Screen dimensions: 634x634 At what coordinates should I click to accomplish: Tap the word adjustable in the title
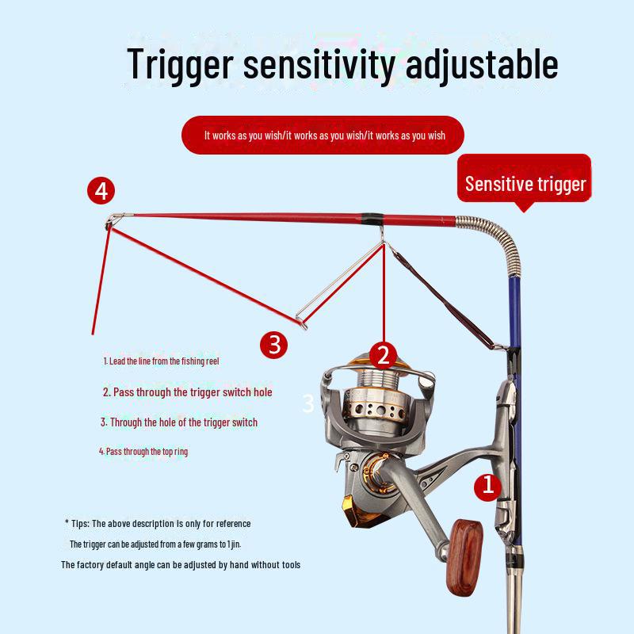click(x=481, y=65)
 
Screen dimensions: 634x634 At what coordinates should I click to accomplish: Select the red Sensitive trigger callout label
click(x=525, y=184)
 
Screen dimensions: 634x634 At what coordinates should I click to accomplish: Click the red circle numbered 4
click(x=101, y=191)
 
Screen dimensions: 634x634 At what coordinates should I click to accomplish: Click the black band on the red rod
click(x=369, y=217)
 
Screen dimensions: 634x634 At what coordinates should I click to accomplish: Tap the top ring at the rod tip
click(x=113, y=220)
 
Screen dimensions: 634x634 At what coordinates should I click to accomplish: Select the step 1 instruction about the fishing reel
click(x=161, y=361)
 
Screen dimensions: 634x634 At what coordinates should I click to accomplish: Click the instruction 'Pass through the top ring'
click(x=143, y=451)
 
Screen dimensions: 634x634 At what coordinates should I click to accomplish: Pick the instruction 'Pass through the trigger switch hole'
click(x=188, y=392)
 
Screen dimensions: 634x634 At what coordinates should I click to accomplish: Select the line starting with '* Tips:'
click(x=158, y=523)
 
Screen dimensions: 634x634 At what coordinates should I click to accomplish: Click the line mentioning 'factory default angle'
click(x=181, y=565)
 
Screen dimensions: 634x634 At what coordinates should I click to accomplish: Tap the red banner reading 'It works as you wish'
click(x=323, y=136)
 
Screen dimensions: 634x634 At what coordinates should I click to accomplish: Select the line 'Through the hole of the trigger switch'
click(x=179, y=422)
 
